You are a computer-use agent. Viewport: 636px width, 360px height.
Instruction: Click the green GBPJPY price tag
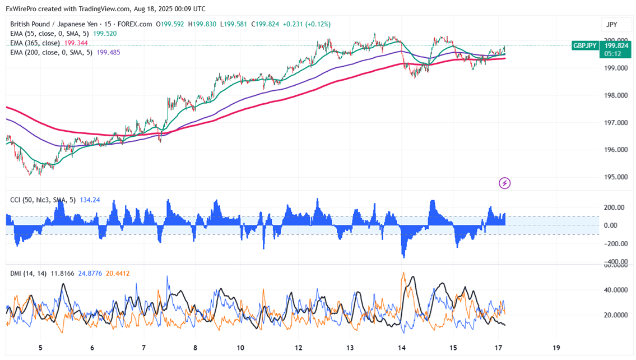coord(584,46)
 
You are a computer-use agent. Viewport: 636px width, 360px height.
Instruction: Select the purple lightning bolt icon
coord(504,183)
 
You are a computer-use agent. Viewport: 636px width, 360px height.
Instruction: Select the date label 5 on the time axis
coord(40,347)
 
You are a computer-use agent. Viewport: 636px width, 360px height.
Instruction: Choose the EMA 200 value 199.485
coord(109,52)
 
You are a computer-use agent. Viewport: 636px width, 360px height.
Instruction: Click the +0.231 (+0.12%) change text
coord(307,24)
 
